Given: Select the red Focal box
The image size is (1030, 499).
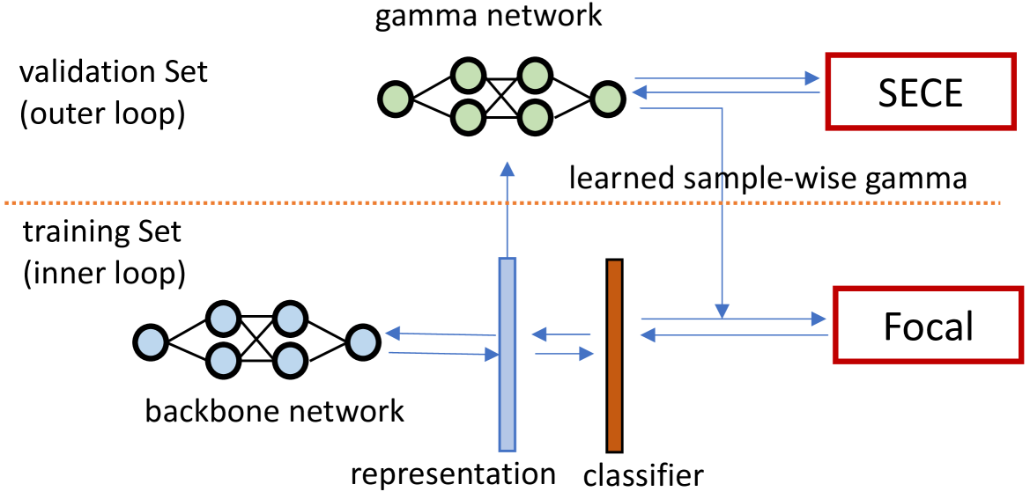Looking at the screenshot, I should (x=928, y=327).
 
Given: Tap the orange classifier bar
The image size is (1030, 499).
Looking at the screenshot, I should (x=614, y=356).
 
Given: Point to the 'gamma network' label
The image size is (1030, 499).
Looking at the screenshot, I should (x=488, y=17).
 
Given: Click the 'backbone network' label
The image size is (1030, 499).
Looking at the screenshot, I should (x=275, y=410).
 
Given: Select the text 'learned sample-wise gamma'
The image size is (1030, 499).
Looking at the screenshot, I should (x=768, y=179).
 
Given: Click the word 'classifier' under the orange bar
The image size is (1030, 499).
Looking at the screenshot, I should (x=643, y=476).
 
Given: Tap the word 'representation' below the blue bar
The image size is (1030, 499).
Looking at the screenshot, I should (x=453, y=473).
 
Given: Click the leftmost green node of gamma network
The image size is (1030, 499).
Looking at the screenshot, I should (x=395, y=97).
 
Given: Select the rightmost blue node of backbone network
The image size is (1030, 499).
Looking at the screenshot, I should (x=362, y=340).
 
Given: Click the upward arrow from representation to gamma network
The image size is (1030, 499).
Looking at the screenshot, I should (x=507, y=211).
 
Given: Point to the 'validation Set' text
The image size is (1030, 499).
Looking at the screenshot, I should (x=114, y=72).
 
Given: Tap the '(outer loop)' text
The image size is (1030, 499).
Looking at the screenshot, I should (x=102, y=114).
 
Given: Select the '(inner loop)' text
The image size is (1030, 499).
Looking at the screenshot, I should (x=104, y=274).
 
